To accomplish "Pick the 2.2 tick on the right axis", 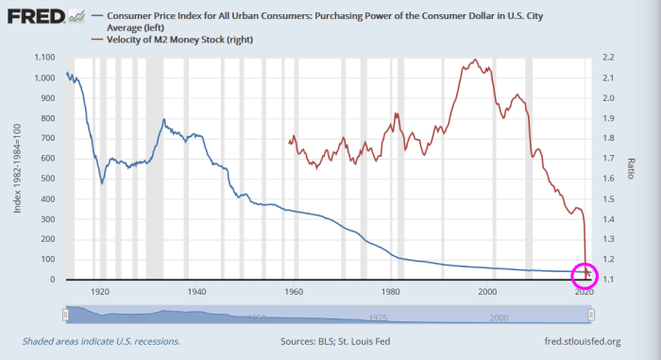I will point(610,58).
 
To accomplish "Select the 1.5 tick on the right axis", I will point(610,199).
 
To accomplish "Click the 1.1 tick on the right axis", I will point(610,280).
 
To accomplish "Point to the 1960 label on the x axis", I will point(294,292).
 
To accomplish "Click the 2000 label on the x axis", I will point(487,292).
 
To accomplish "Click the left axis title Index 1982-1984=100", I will point(17,168).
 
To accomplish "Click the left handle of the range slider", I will point(66,314).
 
